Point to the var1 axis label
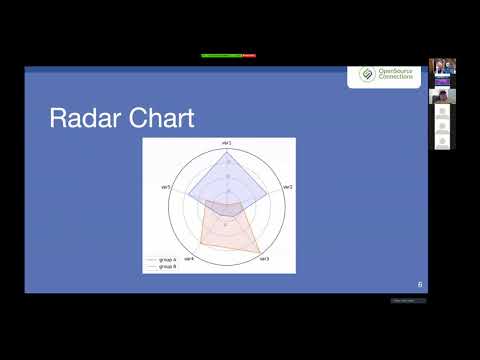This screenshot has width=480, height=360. (226, 145)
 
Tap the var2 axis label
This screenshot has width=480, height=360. (287, 187)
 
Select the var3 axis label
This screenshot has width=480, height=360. (264, 259)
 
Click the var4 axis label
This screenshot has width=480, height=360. (189, 259)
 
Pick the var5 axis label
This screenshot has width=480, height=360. (165, 187)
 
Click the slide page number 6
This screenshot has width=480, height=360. (419, 285)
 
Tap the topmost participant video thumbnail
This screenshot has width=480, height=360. (442, 67)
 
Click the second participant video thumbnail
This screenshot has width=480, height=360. (442, 96)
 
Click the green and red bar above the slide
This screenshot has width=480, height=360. (228, 55)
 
